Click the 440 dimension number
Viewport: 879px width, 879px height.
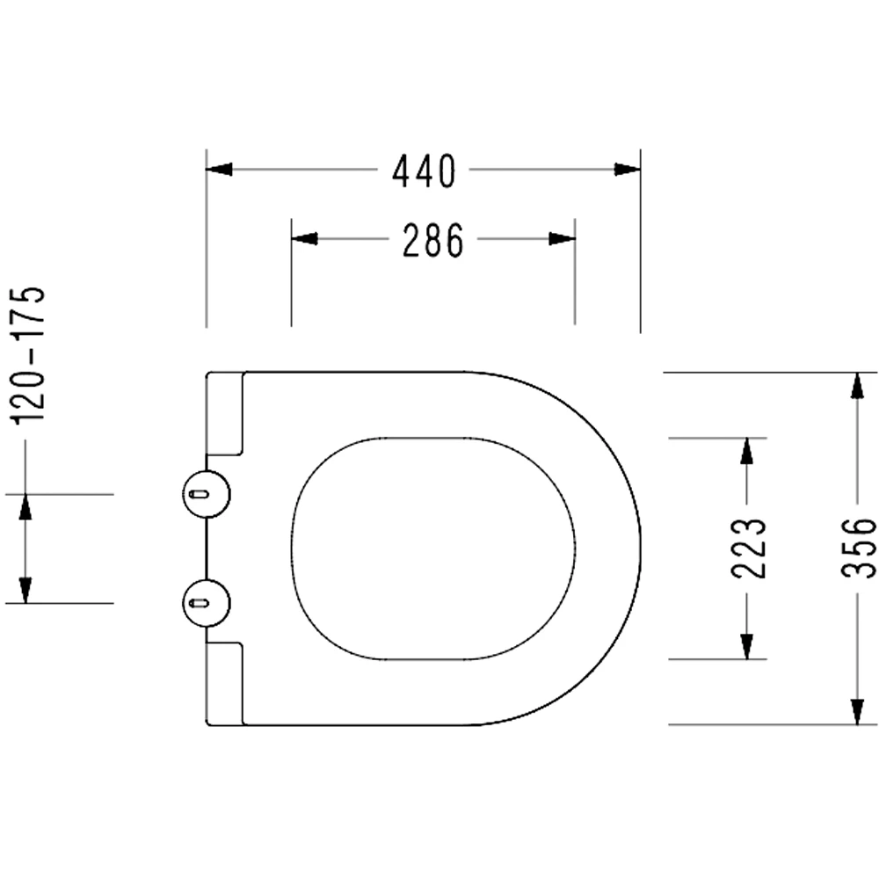[424, 171]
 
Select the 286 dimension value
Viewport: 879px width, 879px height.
[432, 241]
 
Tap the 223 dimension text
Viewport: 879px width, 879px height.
[748, 548]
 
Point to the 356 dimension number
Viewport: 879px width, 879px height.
[858, 548]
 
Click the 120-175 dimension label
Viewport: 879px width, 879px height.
[29, 355]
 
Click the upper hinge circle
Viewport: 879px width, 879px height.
[207, 494]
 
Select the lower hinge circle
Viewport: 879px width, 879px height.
[207, 603]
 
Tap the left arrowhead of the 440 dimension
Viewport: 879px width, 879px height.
[219, 169]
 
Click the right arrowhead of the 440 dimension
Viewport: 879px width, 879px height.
[628, 169]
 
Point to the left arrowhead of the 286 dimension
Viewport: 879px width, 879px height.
[304, 239]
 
